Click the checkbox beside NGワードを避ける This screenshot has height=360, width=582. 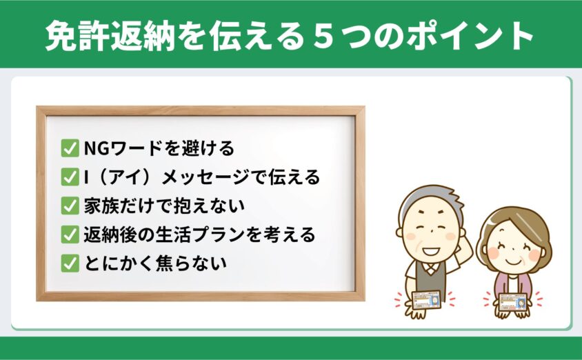pos(70,148)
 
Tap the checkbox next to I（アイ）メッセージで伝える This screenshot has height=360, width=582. pos(70,177)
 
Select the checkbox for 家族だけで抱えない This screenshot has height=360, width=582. pos(70,206)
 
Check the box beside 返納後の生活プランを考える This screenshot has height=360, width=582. pos(70,234)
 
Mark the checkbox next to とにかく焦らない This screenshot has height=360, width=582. pos(70,263)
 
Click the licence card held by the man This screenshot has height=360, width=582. pos(427,300)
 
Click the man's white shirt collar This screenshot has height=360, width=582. pos(430,267)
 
